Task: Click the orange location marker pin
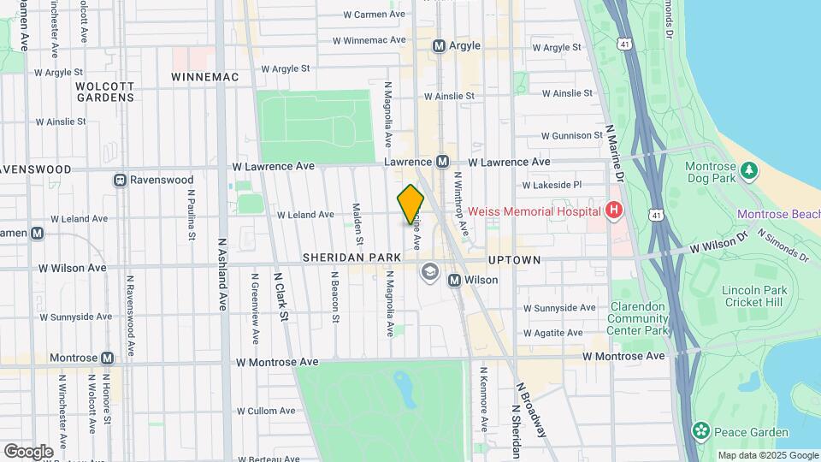click(410, 204)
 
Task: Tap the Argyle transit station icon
click(440, 46)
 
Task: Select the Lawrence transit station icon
click(442, 161)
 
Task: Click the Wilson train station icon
click(454, 280)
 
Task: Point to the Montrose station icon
click(107, 358)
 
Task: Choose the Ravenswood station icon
click(121, 180)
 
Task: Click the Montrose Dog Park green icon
click(749, 170)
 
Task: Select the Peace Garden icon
click(701, 429)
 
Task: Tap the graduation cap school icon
click(429, 272)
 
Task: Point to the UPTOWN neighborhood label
click(514, 259)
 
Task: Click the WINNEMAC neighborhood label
click(204, 77)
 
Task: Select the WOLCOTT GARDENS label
click(104, 92)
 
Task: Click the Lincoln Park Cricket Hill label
click(753, 295)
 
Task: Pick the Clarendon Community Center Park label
click(638, 318)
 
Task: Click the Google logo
click(28, 451)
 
